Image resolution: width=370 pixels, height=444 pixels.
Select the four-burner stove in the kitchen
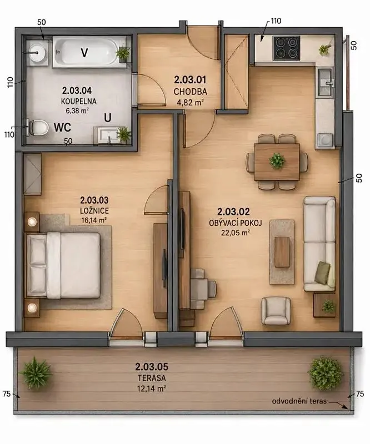[x=286, y=48]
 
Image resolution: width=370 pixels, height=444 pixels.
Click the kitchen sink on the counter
[x=326, y=82]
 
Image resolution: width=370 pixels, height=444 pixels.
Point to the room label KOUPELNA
[x=78, y=101]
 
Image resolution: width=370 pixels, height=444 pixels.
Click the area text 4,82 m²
[x=189, y=102]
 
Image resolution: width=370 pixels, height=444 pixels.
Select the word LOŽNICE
[x=94, y=211]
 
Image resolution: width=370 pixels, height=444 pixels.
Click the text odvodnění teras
[x=299, y=401]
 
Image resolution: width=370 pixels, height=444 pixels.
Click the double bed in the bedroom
[x=63, y=265]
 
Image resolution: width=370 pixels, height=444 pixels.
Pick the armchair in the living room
[x=276, y=311]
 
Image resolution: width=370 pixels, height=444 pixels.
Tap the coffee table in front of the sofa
[x=282, y=252]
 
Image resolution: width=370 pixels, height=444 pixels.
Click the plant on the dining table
[x=277, y=160]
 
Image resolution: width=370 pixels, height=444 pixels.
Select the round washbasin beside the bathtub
[x=37, y=53]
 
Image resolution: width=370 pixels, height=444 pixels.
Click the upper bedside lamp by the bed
[x=32, y=221]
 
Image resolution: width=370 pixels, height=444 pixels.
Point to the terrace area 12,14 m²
[x=152, y=389]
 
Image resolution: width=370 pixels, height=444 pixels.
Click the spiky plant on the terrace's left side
[x=36, y=373]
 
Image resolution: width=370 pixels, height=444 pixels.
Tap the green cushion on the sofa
[x=323, y=273]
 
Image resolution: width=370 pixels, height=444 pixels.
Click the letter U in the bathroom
[x=108, y=118]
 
